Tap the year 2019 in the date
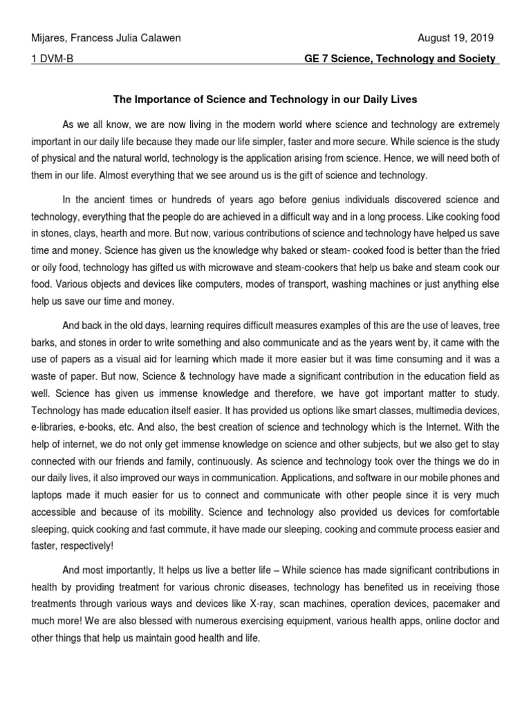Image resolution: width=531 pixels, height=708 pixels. pyautogui.click(x=481, y=38)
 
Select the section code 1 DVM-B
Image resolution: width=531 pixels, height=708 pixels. pyautogui.click(x=51, y=59)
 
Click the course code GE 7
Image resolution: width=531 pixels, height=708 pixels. pyautogui.click(x=319, y=59)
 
